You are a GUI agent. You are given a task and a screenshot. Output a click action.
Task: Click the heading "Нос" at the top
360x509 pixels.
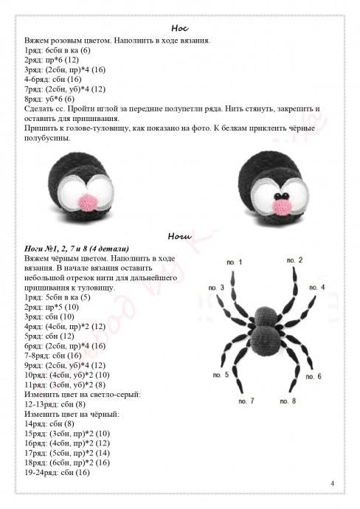coord(180,27)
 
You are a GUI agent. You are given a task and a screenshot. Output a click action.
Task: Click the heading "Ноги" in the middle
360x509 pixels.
coord(180,237)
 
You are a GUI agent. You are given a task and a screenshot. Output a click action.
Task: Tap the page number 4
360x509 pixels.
coord(333,483)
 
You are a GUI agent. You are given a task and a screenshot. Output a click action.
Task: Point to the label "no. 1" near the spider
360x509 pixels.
coord(234,262)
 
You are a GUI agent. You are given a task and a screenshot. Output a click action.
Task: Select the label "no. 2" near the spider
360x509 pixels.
coord(295,260)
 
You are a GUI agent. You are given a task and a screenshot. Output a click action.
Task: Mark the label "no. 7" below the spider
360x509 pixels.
coord(246,401)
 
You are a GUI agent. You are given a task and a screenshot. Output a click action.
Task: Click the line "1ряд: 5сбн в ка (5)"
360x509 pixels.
coord(58,297)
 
